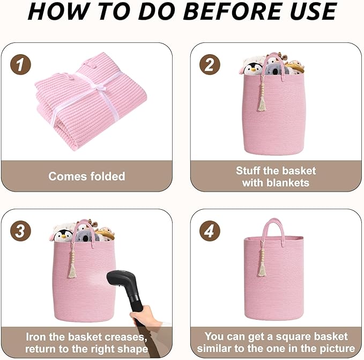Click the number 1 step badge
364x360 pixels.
click(x=20, y=64)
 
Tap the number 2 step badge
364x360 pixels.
click(x=210, y=64)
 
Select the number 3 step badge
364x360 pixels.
click(x=20, y=231)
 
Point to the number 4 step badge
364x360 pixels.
click(x=210, y=231)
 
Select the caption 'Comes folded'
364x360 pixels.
click(x=87, y=176)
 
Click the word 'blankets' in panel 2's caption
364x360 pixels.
click(x=288, y=182)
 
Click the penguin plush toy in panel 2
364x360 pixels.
click(x=252, y=69)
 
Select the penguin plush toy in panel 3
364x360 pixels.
click(x=63, y=235)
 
